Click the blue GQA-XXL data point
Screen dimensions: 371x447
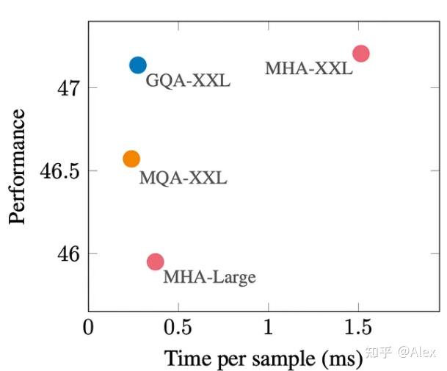[x=138, y=65]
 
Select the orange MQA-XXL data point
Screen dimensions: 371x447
[x=131, y=159]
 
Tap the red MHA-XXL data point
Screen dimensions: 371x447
[x=360, y=53]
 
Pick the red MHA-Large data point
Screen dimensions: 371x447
[x=155, y=262]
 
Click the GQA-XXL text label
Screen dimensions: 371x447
[x=188, y=81]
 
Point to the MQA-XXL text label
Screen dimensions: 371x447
[x=183, y=178]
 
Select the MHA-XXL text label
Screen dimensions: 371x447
[x=308, y=69]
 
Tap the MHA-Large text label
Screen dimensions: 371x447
[x=209, y=277]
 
